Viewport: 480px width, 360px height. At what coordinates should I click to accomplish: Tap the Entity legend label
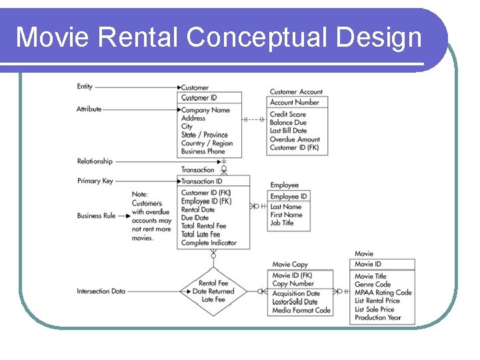coord(85,87)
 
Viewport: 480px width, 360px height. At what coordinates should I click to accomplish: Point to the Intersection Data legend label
coord(101,291)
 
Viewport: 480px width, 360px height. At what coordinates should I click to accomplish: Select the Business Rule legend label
coord(97,215)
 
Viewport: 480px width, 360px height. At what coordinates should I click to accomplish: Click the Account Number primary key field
coord(294,103)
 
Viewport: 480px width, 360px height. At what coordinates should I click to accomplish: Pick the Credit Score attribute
coord(287,115)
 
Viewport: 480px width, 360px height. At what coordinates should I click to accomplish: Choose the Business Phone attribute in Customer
coord(203,151)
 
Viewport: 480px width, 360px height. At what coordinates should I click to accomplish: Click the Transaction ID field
coord(201,181)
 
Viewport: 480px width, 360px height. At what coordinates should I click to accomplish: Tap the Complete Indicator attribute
coord(209,243)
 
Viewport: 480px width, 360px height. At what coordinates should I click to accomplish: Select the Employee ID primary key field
coord(289,197)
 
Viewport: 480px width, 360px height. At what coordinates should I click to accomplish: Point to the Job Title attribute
coord(281,223)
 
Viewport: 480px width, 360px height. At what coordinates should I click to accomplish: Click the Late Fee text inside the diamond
coord(213,300)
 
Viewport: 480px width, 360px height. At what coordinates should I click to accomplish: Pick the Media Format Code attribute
coord(301,310)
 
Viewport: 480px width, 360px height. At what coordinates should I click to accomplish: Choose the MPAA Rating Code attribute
coord(383,293)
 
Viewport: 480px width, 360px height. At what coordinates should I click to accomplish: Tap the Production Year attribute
coord(378,318)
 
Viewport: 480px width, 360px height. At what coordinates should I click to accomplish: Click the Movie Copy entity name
coord(290,265)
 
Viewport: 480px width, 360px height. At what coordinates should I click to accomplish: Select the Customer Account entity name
coord(296,92)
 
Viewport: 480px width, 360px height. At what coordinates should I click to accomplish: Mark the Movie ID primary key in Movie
coord(368,264)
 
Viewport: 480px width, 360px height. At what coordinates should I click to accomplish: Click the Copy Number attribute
coord(293,284)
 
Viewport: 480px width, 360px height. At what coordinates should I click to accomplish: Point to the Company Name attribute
coord(205,110)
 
